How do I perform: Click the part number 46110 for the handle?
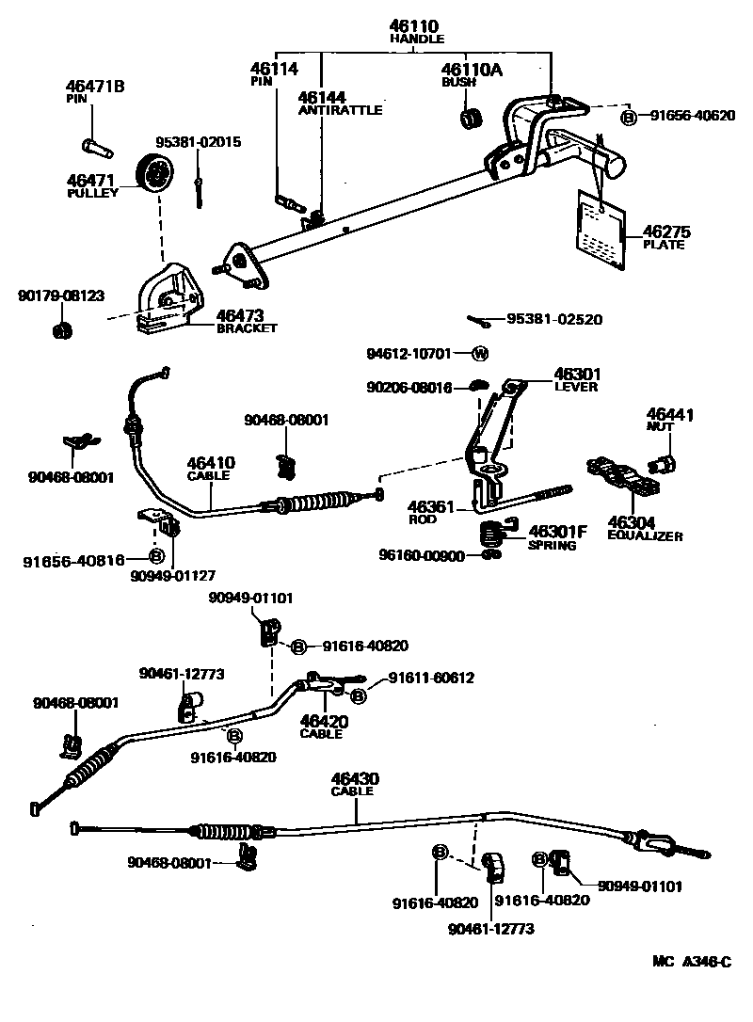point(416,25)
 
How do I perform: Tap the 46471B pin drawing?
point(94,147)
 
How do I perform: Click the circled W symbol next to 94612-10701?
point(479,354)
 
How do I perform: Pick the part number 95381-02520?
point(553,320)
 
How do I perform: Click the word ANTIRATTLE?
point(340,110)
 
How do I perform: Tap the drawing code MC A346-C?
point(692,962)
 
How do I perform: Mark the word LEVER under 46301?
point(576,386)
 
